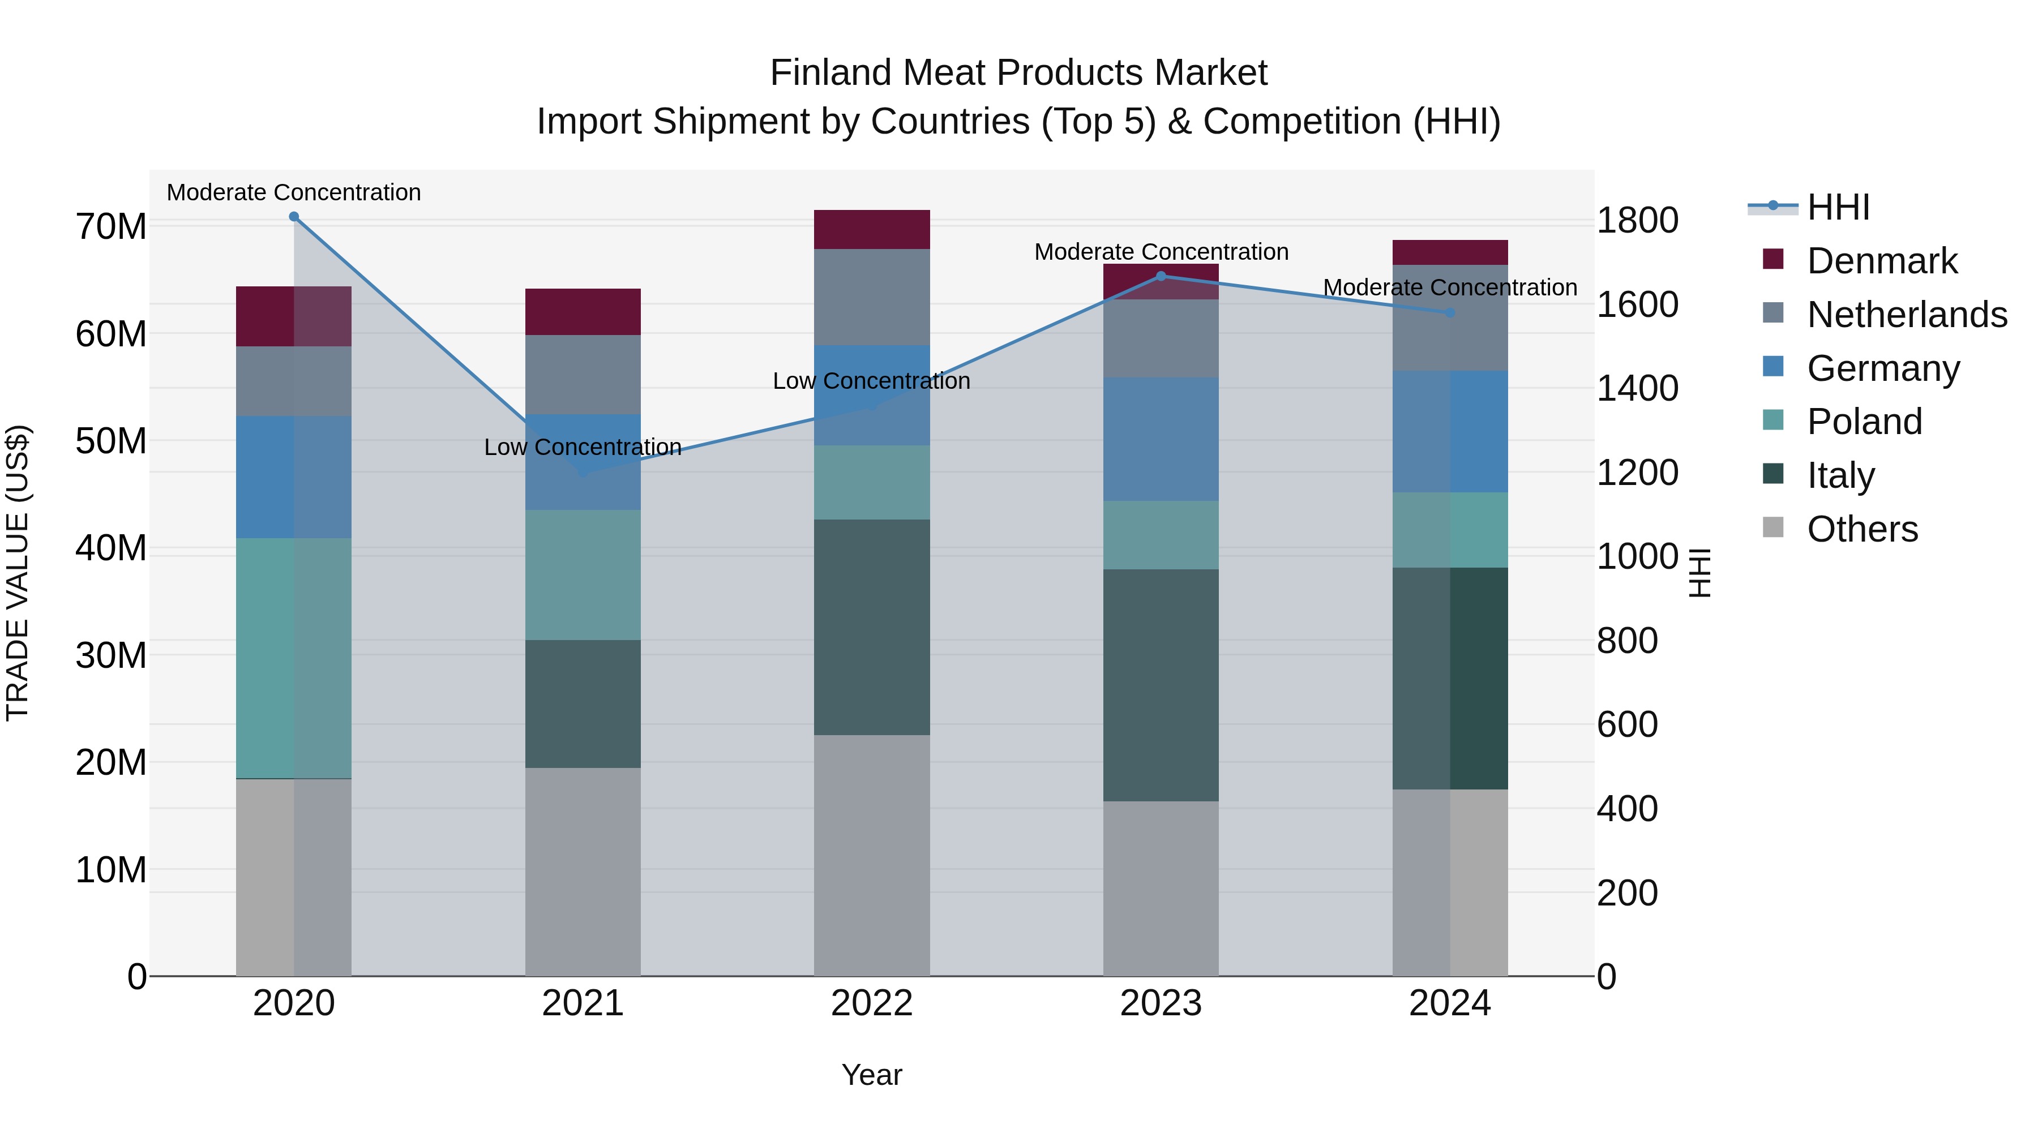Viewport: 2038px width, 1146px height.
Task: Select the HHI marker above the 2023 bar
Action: pyautogui.click(x=1161, y=276)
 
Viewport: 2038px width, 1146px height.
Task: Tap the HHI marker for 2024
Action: pyautogui.click(x=1449, y=312)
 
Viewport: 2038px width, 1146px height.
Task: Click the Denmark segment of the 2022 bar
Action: pyautogui.click(x=871, y=229)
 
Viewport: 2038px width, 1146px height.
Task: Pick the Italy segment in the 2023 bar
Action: pyautogui.click(x=1161, y=684)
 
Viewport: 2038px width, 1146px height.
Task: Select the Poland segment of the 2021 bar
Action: pyautogui.click(x=583, y=574)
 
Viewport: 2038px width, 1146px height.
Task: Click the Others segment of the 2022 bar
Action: pyautogui.click(x=871, y=854)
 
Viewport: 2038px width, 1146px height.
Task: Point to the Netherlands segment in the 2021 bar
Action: pyautogui.click(x=583, y=374)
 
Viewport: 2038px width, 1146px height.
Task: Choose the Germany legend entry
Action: pyautogui.click(x=1883, y=368)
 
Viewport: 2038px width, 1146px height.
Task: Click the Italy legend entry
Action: pyautogui.click(x=1840, y=475)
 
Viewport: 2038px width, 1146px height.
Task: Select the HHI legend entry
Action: pyautogui.click(x=1837, y=207)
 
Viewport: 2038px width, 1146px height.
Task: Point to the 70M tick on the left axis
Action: pyautogui.click(x=111, y=227)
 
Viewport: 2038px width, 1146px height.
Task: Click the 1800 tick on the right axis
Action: pyautogui.click(x=1637, y=220)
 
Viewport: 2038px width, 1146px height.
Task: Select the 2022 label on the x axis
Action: pyautogui.click(x=871, y=1003)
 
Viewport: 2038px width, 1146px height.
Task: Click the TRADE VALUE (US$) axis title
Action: pyautogui.click(x=18, y=573)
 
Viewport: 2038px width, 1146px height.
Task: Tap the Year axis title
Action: pyautogui.click(x=871, y=1075)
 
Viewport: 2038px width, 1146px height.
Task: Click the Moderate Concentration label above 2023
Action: pyautogui.click(x=1161, y=251)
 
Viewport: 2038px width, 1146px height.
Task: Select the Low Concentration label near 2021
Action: pyautogui.click(x=583, y=447)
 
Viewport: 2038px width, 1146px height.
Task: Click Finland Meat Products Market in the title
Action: pyautogui.click(x=1018, y=73)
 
